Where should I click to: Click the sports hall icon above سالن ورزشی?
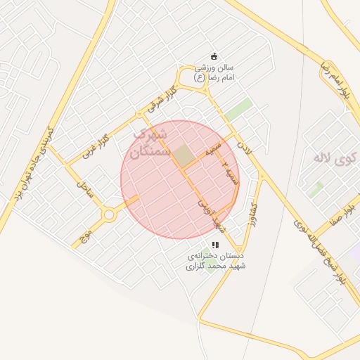(x=214, y=56)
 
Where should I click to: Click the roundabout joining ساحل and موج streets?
(x=109, y=214)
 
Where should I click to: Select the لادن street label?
(x=243, y=147)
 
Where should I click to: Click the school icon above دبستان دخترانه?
(x=215, y=245)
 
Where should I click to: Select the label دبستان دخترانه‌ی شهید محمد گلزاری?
(x=215, y=262)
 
